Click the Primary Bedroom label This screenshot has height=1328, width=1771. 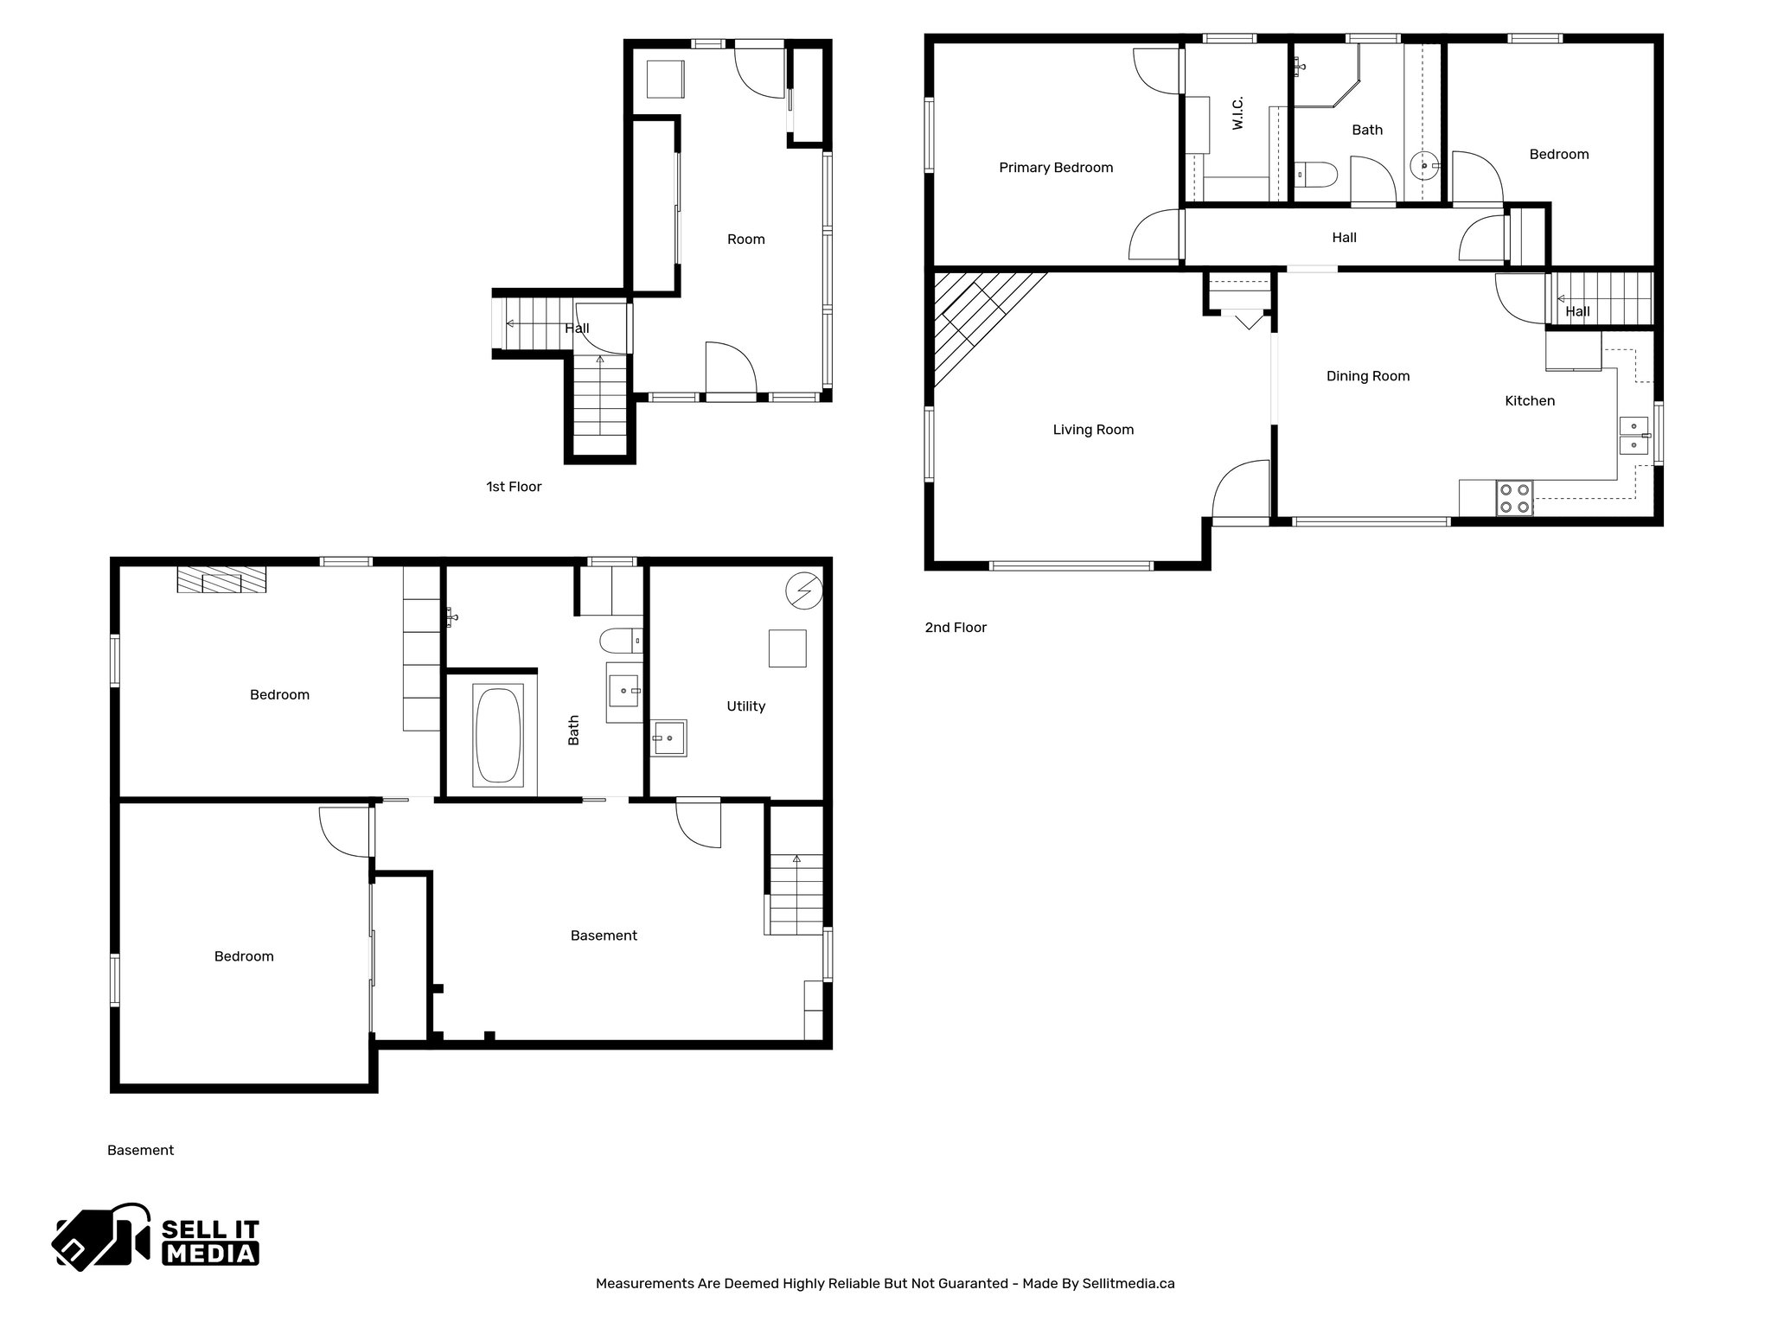[x=1055, y=168]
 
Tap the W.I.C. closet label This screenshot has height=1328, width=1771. [x=1237, y=113]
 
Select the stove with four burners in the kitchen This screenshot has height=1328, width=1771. [x=1514, y=499]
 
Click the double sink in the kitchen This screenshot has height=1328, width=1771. [x=1633, y=435]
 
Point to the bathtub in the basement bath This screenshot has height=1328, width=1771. [x=497, y=735]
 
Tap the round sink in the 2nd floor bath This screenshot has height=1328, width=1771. [x=1423, y=163]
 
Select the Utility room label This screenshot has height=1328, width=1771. [x=745, y=706]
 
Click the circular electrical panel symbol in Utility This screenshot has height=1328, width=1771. [x=802, y=591]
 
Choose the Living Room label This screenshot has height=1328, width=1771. [x=1092, y=430]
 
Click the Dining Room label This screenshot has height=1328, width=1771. [x=1367, y=376]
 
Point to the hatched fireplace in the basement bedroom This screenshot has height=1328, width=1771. [x=221, y=579]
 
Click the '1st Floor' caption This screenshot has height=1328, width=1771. [x=514, y=487]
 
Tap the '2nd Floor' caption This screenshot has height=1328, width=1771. [x=956, y=628]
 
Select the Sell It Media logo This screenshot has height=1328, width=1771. [x=157, y=1237]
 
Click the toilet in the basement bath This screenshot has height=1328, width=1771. [x=618, y=641]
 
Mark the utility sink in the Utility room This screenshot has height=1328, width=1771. [x=668, y=738]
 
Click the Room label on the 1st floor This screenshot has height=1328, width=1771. [x=745, y=239]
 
